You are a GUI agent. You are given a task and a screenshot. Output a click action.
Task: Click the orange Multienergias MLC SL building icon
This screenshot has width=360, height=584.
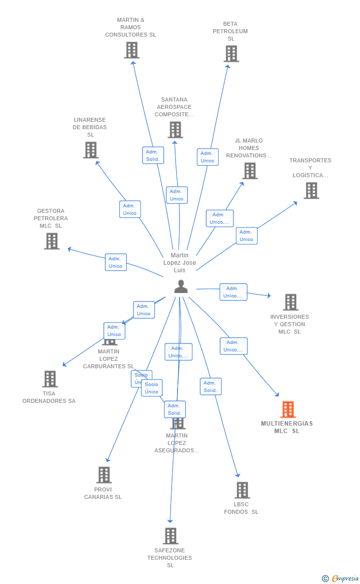(x=288, y=409)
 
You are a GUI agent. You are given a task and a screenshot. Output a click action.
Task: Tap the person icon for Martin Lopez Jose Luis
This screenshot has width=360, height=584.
(x=181, y=287)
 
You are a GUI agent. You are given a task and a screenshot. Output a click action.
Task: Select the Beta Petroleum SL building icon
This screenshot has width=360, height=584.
(x=231, y=53)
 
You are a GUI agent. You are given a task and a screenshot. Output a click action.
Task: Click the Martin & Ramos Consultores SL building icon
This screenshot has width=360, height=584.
(x=132, y=50)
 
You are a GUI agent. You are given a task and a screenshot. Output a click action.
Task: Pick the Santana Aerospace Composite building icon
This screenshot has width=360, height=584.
(x=175, y=130)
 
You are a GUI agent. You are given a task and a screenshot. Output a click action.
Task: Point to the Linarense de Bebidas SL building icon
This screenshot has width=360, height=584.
(x=90, y=150)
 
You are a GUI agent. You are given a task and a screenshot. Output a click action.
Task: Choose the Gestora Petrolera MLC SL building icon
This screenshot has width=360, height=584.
(x=51, y=241)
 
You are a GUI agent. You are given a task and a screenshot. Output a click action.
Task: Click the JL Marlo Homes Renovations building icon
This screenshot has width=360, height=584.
(x=250, y=171)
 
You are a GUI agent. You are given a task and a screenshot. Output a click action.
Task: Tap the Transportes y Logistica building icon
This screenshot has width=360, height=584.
(x=311, y=191)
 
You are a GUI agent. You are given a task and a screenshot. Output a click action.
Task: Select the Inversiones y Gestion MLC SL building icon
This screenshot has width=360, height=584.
(x=290, y=302)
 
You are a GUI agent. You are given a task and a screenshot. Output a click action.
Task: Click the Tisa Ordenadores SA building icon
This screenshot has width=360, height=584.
(x=50, y=379)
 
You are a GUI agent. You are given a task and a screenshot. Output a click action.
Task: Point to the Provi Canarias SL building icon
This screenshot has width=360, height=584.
(x=104, y=475)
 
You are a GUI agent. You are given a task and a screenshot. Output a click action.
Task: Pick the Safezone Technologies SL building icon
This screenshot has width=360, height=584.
(x=171, y=535)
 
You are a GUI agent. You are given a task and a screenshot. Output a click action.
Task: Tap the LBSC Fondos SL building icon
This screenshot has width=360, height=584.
(x=242, y=490)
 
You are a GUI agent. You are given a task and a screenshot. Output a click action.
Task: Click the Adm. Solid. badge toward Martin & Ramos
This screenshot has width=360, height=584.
(x=153, y=155)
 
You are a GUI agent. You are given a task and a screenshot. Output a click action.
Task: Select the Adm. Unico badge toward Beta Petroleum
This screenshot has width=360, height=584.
(x=207, y=157)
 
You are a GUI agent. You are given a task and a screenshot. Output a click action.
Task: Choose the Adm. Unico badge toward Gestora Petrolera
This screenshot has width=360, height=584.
(x=116, y=262)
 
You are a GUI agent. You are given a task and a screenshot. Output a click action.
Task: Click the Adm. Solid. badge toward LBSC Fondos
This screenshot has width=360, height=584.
(x=211, y=387)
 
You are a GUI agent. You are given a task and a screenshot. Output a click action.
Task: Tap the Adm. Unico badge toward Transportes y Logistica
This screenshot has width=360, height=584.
(x=246, y=236)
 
